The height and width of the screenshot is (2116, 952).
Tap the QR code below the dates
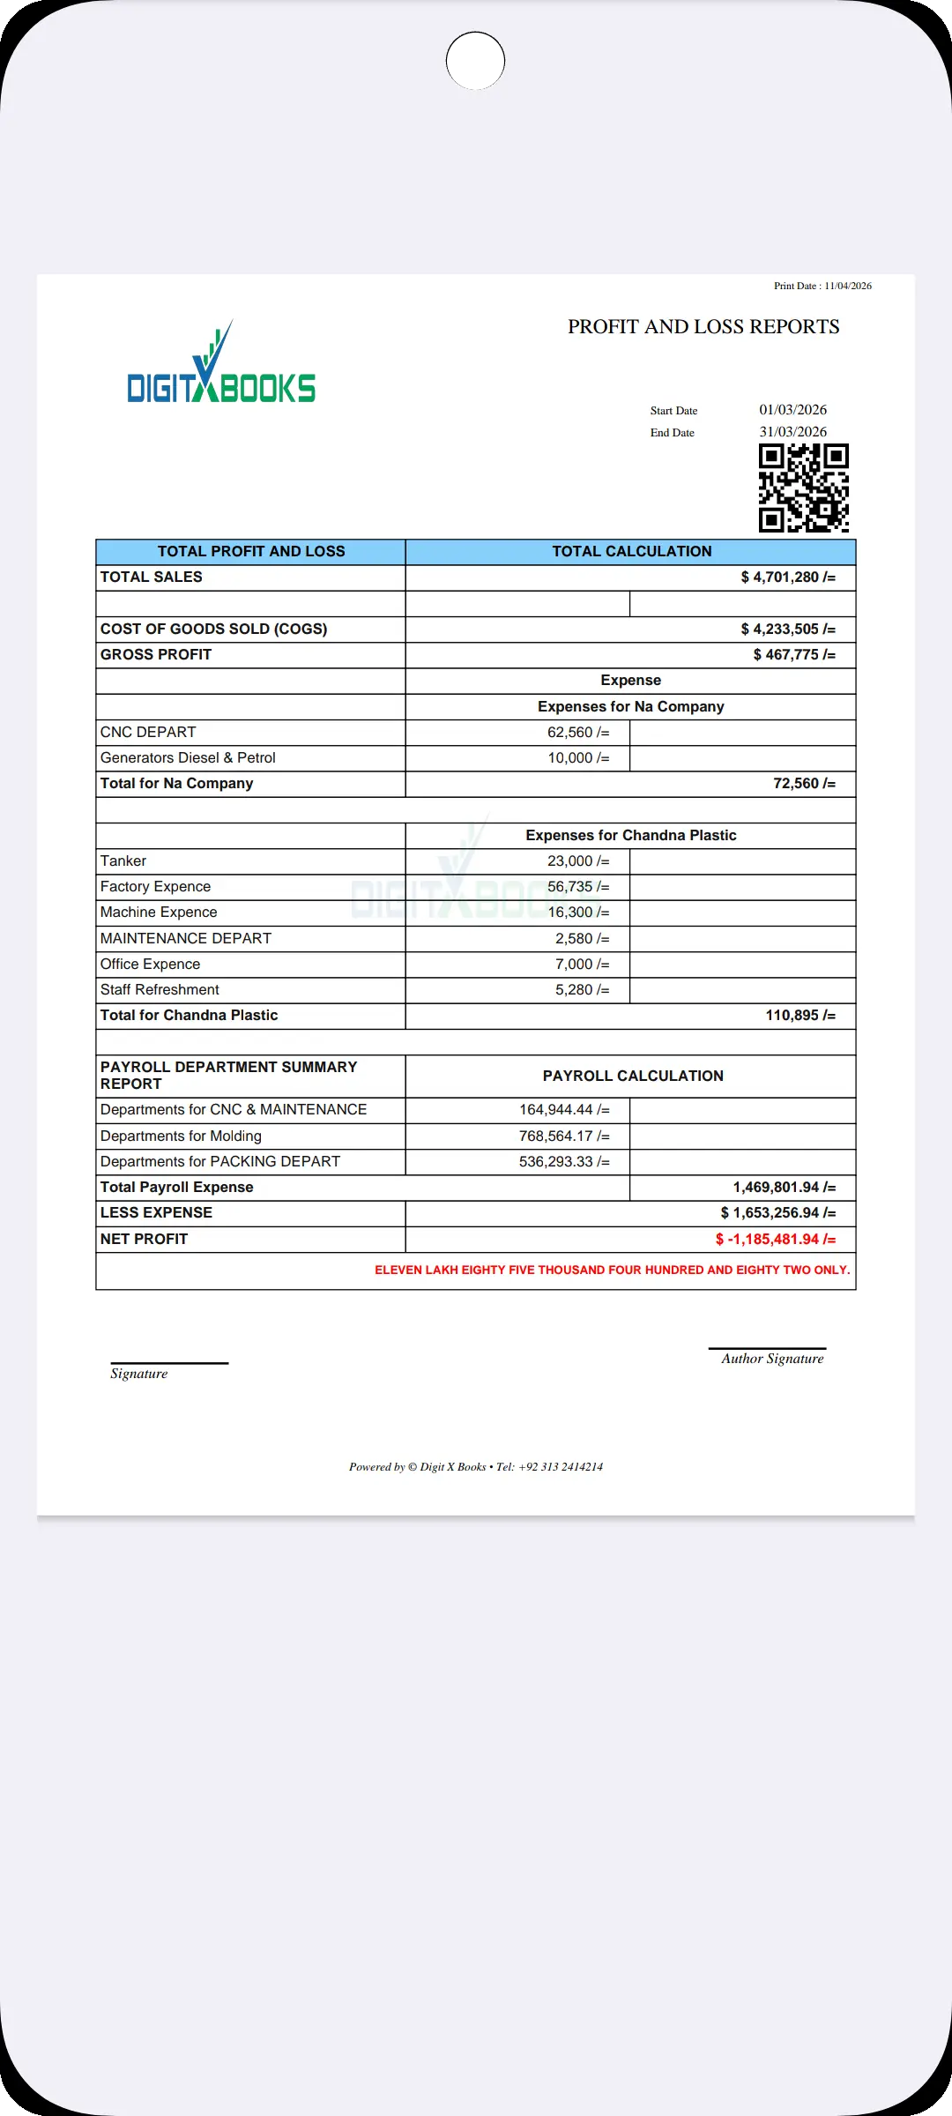tap(803, 488)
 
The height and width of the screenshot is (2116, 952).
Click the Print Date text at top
tap(822, 286)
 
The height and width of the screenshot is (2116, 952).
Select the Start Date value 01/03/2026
tap(792, 410)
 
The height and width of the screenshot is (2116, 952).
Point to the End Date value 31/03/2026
tap(792, 432)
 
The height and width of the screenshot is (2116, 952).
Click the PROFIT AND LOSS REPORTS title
tap(703, 327)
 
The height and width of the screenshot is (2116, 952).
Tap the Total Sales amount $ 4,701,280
tap(787, 577)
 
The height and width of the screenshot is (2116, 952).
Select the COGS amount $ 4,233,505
tap(787, 630)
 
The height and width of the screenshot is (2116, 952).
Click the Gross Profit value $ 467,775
tap(793, 655)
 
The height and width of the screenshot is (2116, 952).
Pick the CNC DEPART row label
tap(148, 733)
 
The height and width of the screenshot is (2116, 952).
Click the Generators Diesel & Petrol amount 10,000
tap(578, 758)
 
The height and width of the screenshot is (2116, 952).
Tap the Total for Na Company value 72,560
tap(803, 784)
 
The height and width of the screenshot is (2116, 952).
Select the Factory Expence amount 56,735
tap(578, 887)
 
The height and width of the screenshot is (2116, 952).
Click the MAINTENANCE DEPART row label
tap(186, 939)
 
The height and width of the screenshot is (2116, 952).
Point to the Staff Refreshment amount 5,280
tap(582, 990)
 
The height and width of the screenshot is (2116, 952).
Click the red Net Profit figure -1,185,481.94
tap(775, 1240)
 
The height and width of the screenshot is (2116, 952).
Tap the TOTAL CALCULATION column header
tap(631, 552)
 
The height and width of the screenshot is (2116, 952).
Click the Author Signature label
tap(772, 1359)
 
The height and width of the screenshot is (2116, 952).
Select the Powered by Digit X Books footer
tap(476, 1467)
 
